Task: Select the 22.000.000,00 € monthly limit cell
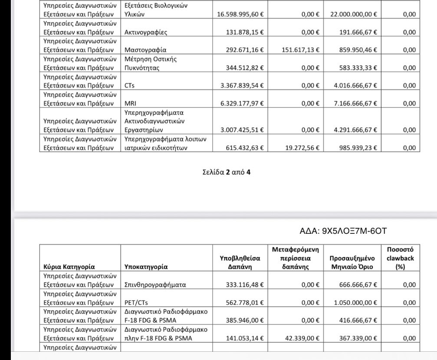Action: point(354,14)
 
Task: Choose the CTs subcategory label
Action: point(129,85)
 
